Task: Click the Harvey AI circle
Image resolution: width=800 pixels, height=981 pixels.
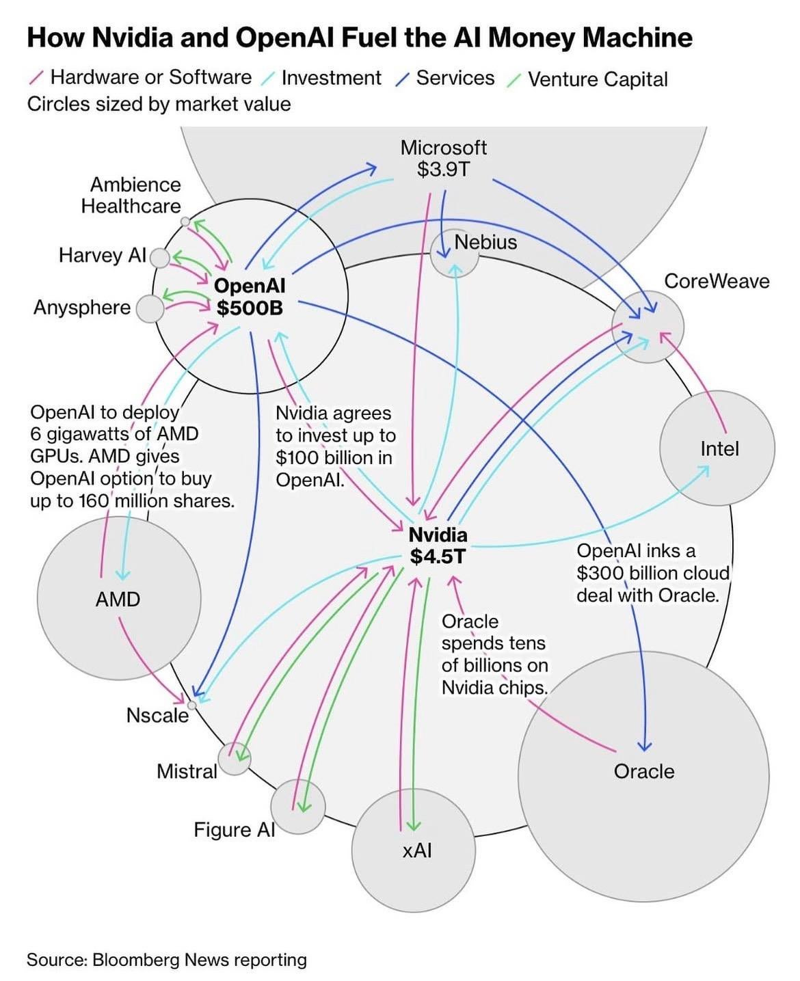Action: pyautogui.click(x=159, y=258)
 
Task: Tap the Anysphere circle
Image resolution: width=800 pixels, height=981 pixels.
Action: pyautogui.click(x=150, y=309)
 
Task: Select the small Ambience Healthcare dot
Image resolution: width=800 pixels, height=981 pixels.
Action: pyautogui.click(x=185, y=221)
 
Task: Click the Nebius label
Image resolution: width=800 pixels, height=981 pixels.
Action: pyautogui.click(x=485, y=242)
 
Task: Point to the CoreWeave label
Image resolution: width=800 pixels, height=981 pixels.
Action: pyautogui.click(x=717, y=281)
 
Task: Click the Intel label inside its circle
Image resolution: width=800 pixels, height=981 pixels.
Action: pyautogui.click(x=719, y=448)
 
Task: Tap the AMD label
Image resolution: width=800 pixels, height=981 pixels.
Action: pyautogui.click(x=118, y=599)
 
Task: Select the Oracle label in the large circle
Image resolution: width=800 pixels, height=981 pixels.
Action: pyautogui.click(x=643, y=771)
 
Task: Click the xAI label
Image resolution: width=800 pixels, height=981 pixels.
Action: pyautogui.click(x=417, y=850)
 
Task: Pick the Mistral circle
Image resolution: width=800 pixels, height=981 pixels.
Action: pyautogui.click(x=235, y=758)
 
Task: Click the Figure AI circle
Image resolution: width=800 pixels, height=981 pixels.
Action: pyautogui.click(x=297, y=807)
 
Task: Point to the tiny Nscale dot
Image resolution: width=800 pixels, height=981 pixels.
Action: pyautogui.click(x=192, y=705)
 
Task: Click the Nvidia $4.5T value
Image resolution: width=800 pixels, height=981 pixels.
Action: pyautogui.click(x=438, y=556)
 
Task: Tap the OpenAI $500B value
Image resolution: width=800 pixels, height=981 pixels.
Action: pyautogui.click(x=250, y=308)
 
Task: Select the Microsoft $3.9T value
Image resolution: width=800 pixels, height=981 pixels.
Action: pyautogui.click(x=444, y=169)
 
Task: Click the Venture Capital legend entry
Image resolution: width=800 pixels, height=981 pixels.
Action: pyautogui.click(x=597, y=79)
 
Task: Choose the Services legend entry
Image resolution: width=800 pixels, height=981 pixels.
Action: pyautogui.click(x=455, y=78)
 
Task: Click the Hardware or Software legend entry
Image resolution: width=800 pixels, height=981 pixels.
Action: pyautogui.click(x=150, y=77)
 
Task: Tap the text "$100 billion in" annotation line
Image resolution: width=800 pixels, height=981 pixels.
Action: pyautogui.click(x=334, y=457)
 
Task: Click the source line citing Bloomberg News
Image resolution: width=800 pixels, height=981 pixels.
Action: pyautogui.click(x=167, y=960)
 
